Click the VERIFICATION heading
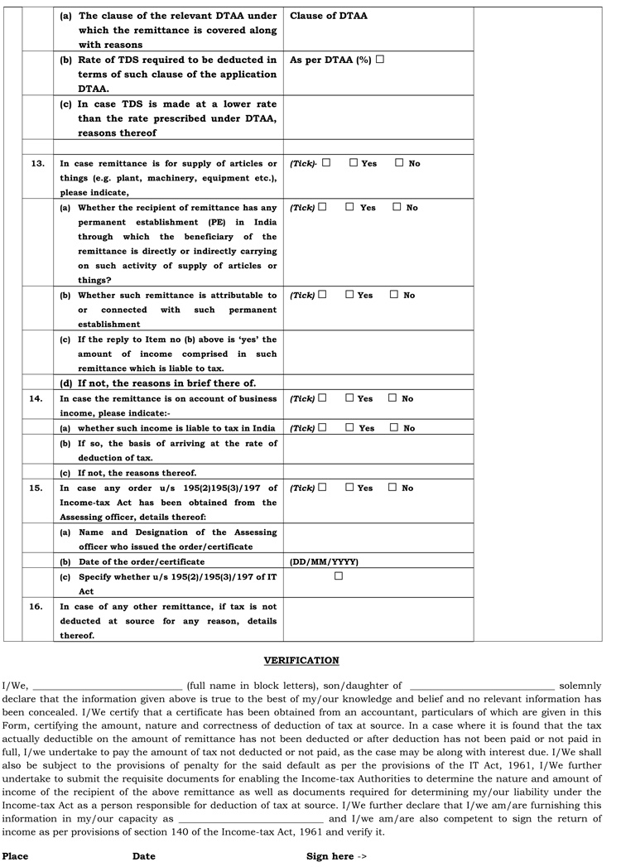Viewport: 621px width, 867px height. (x=301, y=660)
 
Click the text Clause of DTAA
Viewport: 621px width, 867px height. (x=329, y=16)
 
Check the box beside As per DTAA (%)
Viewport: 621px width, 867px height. (x=380, y=60)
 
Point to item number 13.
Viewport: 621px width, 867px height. (x=37, y=163)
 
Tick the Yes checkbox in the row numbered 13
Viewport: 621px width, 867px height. (x=354, y=163)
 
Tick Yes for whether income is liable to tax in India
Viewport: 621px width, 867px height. (x=350, y=428)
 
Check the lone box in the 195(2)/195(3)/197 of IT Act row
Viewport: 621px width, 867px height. (x=338, y=576)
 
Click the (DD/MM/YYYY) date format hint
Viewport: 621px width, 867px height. (x=324, y=561)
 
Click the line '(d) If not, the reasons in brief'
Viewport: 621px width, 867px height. (x=157, y=383)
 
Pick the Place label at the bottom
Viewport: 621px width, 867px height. (x=15, y=856)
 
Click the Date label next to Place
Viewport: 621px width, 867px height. (x=144, y=856)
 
